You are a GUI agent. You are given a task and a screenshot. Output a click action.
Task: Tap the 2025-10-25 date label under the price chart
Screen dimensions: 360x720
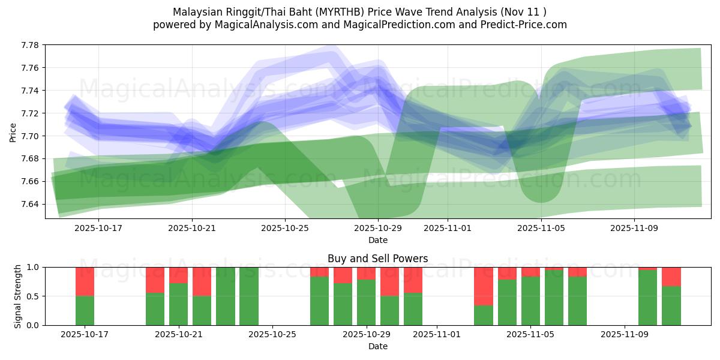pos(284,229)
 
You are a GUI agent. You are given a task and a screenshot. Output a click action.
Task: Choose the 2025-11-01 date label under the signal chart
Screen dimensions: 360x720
pos(437,335)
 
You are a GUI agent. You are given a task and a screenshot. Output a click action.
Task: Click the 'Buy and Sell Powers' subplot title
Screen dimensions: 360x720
pos(377,259)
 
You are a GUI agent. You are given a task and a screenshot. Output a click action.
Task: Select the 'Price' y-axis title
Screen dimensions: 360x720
pos(13,132)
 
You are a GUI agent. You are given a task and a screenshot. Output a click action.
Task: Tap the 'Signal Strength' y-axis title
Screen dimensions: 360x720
pos(18,296)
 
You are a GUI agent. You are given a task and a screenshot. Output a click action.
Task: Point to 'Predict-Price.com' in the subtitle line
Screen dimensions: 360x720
pos(526,25)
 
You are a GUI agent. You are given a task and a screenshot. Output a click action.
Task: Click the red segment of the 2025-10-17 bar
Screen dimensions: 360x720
pos(85,281)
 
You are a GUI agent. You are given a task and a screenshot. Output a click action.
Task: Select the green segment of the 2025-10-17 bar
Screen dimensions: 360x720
pos(85,311)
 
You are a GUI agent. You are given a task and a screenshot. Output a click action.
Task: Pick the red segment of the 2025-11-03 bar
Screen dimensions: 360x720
pos(484,286)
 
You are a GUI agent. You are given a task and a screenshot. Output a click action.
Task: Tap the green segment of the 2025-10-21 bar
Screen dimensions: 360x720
pos(179,304)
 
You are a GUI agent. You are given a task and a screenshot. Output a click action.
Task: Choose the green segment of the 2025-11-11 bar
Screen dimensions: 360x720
pos(671,306)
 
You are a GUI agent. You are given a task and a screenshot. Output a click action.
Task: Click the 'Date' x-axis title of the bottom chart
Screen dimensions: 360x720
pos(377,346)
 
